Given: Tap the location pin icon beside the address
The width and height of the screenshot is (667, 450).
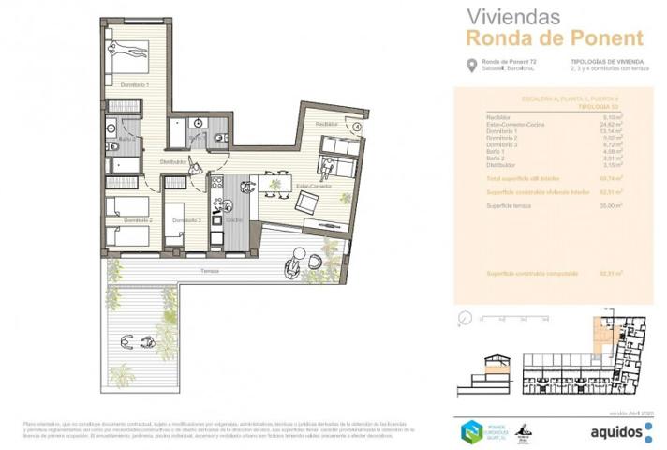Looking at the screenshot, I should point(470,65).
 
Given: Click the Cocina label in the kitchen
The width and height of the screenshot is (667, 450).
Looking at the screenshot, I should point(234,220).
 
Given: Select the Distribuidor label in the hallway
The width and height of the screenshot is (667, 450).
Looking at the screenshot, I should point(174,162).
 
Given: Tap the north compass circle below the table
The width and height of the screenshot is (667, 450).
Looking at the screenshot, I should point(462,319).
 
